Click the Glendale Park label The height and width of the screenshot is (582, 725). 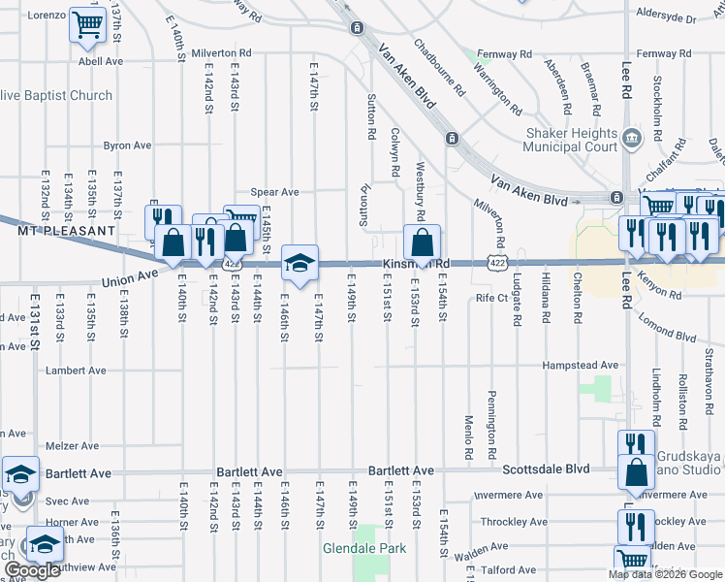tap(364, 548)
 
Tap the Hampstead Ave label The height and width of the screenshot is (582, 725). tap(580, 366)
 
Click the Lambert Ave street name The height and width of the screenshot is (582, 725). tap(76, 372)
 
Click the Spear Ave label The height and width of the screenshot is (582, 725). tap(274, 192)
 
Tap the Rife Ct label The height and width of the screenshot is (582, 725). tap(491, 298)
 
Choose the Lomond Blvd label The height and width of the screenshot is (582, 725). tap(670, 336)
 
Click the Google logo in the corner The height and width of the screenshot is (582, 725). tap(32, 570)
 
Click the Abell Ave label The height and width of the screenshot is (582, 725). tap(101, 61)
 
